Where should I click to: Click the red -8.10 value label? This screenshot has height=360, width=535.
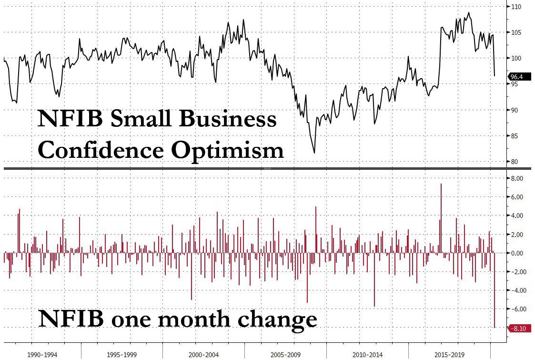click(x=517, y=328)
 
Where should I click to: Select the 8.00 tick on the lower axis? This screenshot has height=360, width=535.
click(x=516, y=178)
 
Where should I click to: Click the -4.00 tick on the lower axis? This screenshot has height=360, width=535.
click(x=516, y=290)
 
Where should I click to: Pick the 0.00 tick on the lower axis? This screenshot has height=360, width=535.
click(x=516, y=253)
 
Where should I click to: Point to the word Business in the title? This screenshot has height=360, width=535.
click(x=227, y=119)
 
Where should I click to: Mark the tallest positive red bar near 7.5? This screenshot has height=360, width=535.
click(x=441, y=215)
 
